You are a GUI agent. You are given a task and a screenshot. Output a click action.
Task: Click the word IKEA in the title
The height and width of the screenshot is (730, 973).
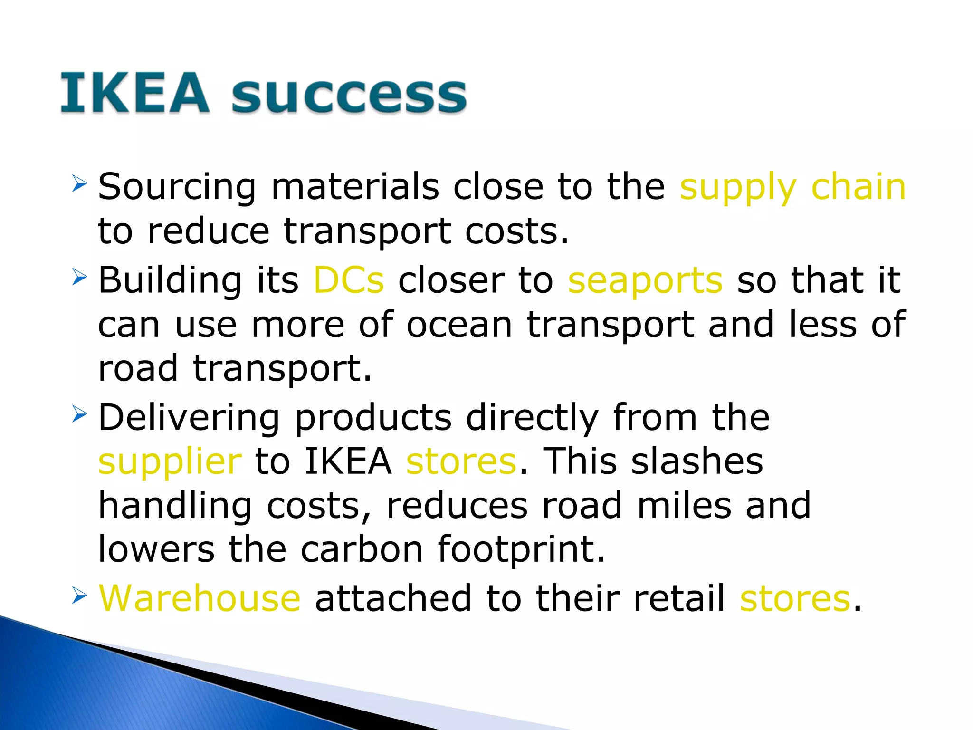[134, 94]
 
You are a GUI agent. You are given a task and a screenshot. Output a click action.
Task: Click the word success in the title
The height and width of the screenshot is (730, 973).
[349, 95]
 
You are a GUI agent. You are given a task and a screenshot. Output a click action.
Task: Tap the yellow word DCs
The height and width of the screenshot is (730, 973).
[349, 280]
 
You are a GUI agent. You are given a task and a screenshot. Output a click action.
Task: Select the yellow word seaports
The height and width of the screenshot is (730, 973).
[645, 281]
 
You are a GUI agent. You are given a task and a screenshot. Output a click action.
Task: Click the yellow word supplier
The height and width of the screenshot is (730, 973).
[170, 462]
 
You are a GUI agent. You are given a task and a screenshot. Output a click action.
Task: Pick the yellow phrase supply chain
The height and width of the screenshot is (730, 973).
[792, 187]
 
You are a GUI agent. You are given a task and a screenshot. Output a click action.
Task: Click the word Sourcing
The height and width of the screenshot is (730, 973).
[177, 187]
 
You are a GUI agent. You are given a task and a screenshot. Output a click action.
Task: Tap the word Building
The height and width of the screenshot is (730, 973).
[170, 280]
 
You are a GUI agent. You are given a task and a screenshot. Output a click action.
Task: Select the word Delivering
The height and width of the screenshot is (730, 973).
[189, 418]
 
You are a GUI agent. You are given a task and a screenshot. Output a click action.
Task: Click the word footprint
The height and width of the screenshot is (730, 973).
[521, 549]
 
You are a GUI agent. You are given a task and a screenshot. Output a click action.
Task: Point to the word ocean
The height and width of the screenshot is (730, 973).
[459, 325]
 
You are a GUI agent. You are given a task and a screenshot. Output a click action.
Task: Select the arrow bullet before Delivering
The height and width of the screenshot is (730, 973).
[79, 414]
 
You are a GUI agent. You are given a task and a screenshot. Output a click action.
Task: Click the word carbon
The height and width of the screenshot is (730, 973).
[362, 549]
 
